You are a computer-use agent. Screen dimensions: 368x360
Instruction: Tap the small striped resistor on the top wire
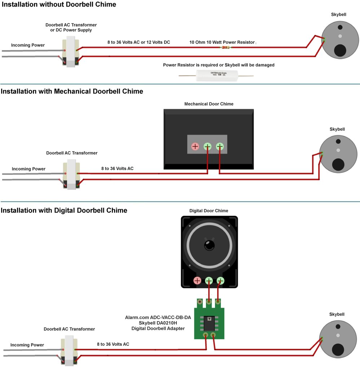227,47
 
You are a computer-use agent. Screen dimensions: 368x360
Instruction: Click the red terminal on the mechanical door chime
195,146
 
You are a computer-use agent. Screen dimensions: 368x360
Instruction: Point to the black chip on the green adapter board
209,322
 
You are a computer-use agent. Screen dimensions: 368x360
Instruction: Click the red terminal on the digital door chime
197,280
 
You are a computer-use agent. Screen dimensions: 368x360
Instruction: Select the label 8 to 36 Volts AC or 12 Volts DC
139,42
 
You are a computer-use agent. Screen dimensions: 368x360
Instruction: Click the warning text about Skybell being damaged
219,65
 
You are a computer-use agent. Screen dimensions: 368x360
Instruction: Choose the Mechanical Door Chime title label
209,104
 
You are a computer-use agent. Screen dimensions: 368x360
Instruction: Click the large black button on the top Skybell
340,50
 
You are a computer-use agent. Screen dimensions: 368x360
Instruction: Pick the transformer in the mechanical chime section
71,176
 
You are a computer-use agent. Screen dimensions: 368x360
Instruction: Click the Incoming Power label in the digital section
27,345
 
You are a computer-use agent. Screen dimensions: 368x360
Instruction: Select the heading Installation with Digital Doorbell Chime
64,210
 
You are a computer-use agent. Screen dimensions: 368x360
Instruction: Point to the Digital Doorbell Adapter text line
158,328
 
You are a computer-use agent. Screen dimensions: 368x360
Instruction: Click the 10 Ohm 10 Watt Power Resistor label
222,42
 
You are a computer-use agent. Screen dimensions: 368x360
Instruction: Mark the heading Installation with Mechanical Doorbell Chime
72,91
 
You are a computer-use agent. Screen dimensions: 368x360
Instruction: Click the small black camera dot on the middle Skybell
338,141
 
